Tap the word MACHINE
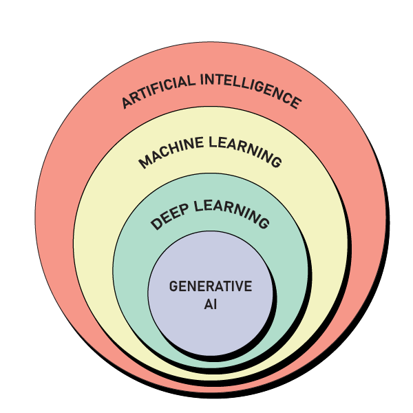pos(171,151)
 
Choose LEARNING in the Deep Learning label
pos(232,211)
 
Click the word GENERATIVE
pos(211,286)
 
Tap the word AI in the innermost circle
pos(211,304)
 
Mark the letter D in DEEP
pos(156,224)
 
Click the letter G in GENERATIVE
pos(173,286)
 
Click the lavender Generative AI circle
pos(211,327)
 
